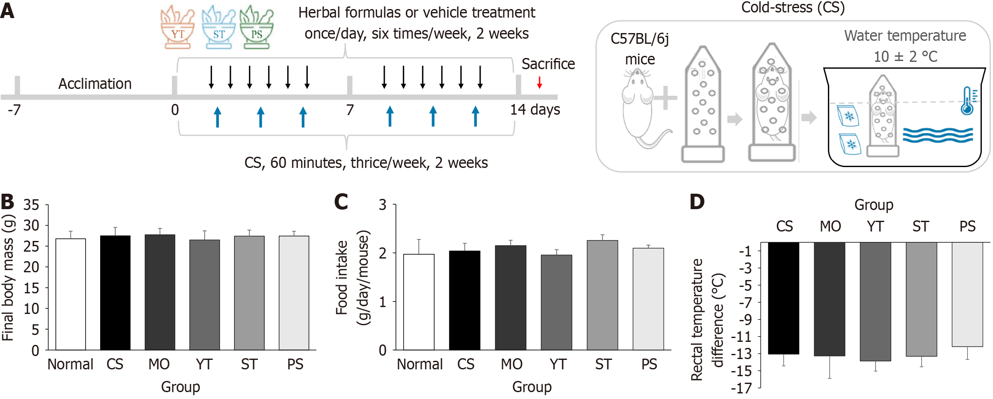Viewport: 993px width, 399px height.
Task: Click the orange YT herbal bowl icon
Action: click(177, 27)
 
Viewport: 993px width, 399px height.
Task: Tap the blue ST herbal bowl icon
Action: click(218, 27)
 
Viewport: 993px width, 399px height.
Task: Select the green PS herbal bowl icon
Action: click(256, 27)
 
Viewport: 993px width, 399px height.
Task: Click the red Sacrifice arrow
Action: click(539, 82)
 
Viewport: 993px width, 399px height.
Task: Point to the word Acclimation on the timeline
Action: click(95, 84)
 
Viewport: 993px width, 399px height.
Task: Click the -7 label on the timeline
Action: click(14, 110)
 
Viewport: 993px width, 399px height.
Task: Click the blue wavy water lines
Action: click(938, 135)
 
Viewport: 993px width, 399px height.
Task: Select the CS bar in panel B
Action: click(115, 292)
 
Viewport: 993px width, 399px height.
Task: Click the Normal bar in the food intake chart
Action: click(419, 302)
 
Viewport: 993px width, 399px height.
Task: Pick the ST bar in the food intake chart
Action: click(602, 295)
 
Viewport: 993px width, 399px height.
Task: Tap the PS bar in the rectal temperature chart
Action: click(967, 294)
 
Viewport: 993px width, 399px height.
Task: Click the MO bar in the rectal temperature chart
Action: click(830, 299)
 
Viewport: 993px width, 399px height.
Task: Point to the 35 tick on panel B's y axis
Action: click(31, 205)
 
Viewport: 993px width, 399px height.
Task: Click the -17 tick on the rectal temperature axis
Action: click(742, 388)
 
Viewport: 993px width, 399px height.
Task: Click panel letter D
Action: click(697, 201)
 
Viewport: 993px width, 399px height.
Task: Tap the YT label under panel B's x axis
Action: click(204, 364)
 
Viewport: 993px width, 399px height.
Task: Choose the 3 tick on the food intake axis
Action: click(383, 205)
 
